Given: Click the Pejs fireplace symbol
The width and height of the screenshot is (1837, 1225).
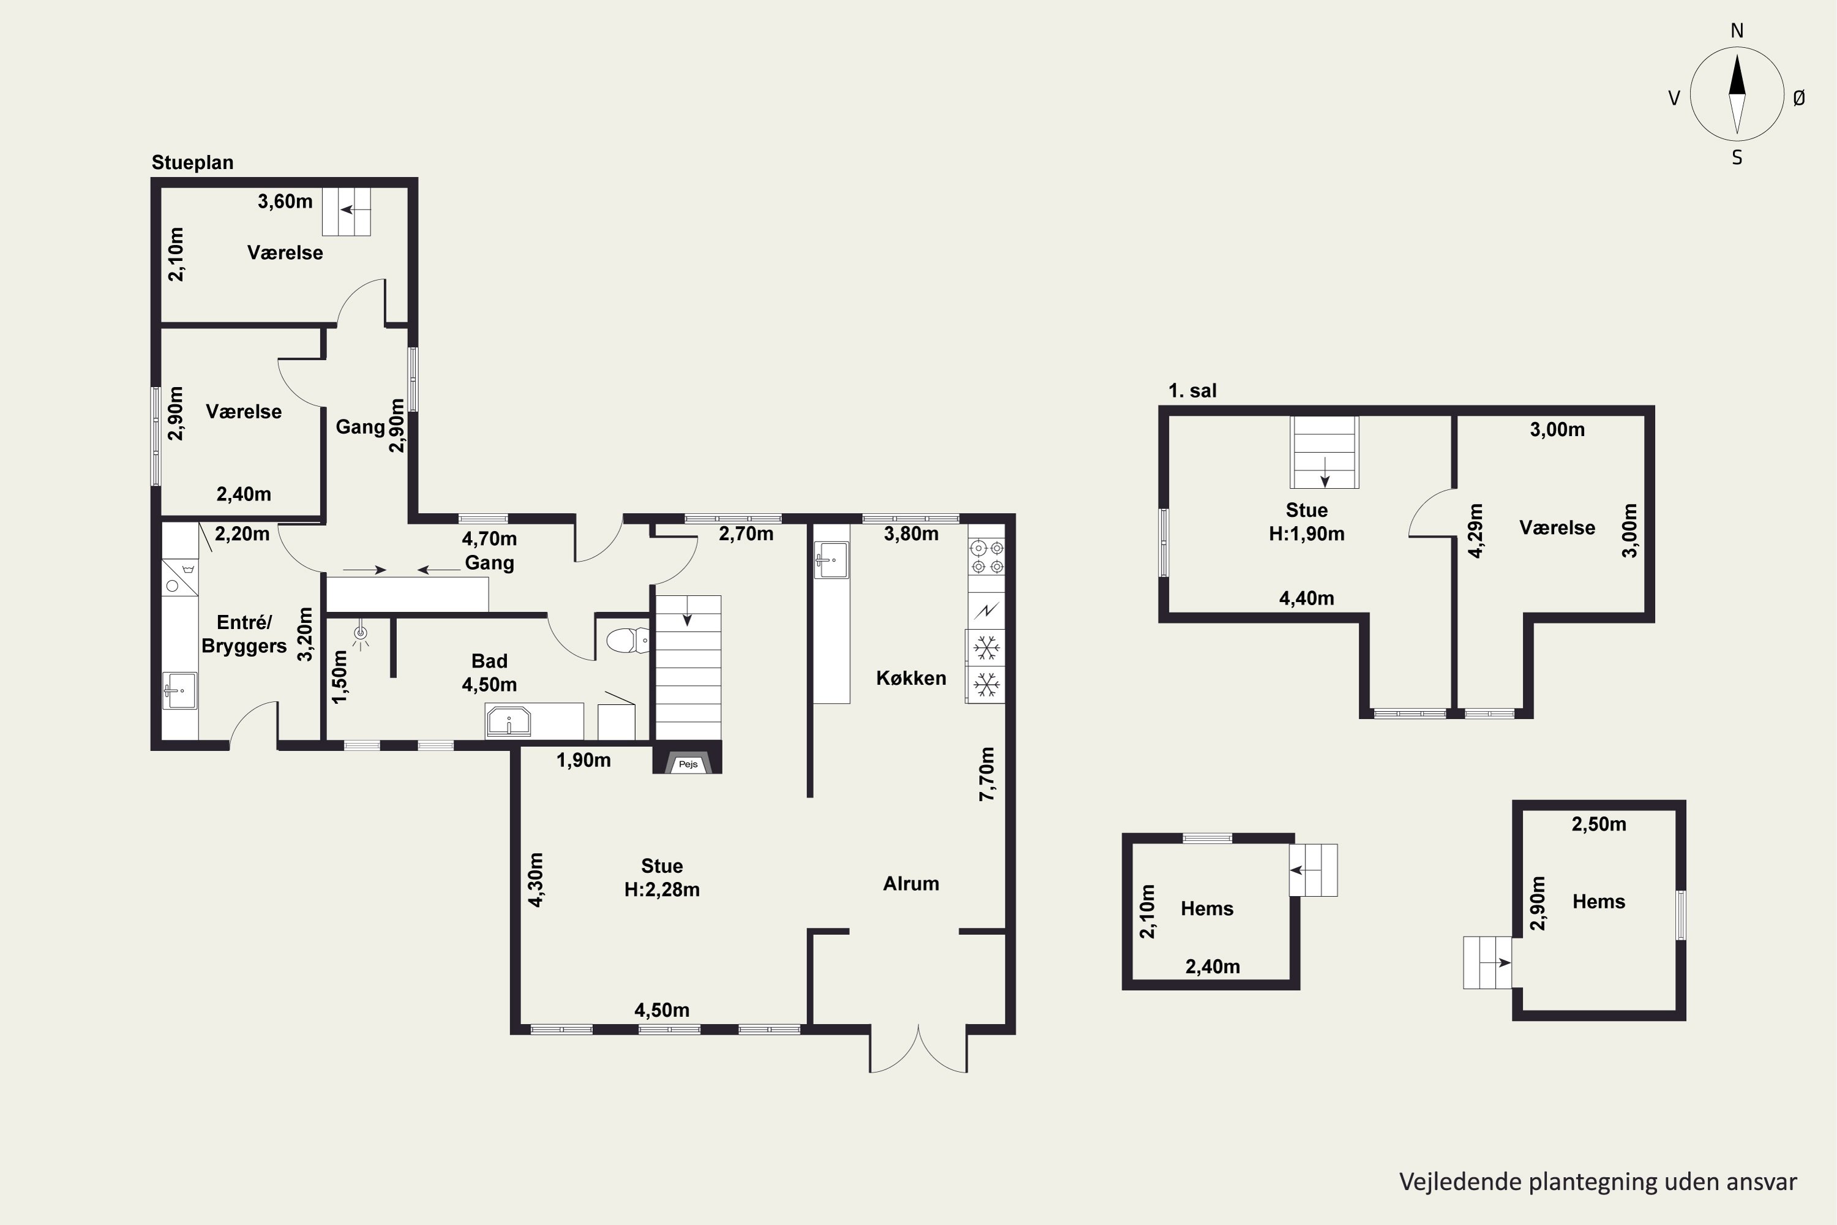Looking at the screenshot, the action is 687,763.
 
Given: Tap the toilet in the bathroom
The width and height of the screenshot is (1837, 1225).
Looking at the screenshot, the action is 627,641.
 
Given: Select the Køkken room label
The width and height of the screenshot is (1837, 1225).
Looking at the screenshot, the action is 911,677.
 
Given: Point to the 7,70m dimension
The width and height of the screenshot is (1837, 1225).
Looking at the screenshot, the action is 987,774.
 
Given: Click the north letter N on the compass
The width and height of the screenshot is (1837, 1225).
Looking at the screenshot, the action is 1737,31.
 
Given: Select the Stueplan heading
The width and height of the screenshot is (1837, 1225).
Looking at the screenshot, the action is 192,162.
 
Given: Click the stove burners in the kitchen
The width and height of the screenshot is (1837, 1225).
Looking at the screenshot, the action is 986,557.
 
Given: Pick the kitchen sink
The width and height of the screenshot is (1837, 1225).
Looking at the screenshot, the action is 831,560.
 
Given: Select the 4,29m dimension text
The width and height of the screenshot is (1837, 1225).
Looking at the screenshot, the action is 1474,530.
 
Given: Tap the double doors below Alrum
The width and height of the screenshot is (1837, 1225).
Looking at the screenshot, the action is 918,1049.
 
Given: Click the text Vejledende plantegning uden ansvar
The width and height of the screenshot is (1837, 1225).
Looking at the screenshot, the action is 1598,1182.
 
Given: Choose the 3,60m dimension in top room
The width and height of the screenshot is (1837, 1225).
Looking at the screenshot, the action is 285,202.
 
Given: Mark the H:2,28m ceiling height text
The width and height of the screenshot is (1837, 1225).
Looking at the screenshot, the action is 661,889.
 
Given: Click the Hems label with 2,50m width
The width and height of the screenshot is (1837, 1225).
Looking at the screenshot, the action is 1599,902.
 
